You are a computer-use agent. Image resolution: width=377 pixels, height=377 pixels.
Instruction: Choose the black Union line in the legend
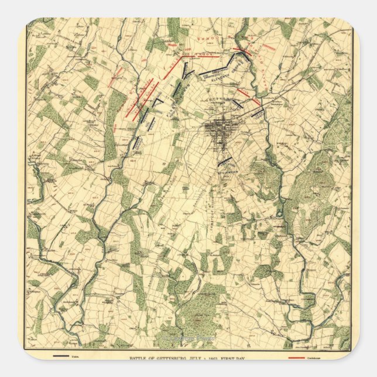pos(61,356)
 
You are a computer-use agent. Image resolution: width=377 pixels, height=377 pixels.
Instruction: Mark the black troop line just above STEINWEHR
pos(224,161)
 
